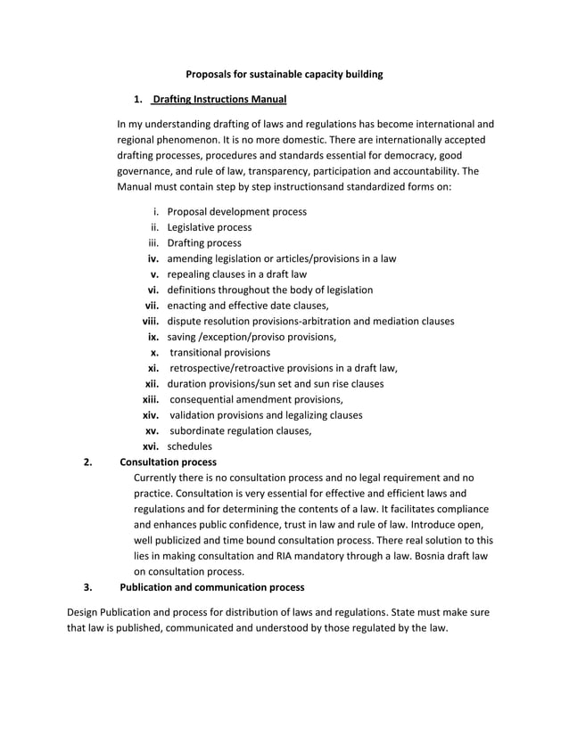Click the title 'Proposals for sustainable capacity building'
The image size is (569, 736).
[284, 74]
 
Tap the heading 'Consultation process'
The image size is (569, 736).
[168, 462]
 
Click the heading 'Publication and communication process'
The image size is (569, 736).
[211, 587]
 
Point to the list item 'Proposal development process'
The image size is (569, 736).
[236, 212]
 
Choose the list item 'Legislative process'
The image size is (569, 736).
[209, 227]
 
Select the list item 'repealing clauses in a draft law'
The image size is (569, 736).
[236, 274]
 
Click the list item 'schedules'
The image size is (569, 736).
[189, 446]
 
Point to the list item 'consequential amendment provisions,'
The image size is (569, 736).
[256, 399]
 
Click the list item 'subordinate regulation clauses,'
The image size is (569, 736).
[241, 430]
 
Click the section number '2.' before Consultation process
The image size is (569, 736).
[87, 462]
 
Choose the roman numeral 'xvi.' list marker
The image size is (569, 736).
[151, 446]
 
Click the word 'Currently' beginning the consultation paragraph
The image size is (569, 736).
[157, 478]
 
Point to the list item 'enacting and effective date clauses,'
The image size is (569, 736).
[248, 306]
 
